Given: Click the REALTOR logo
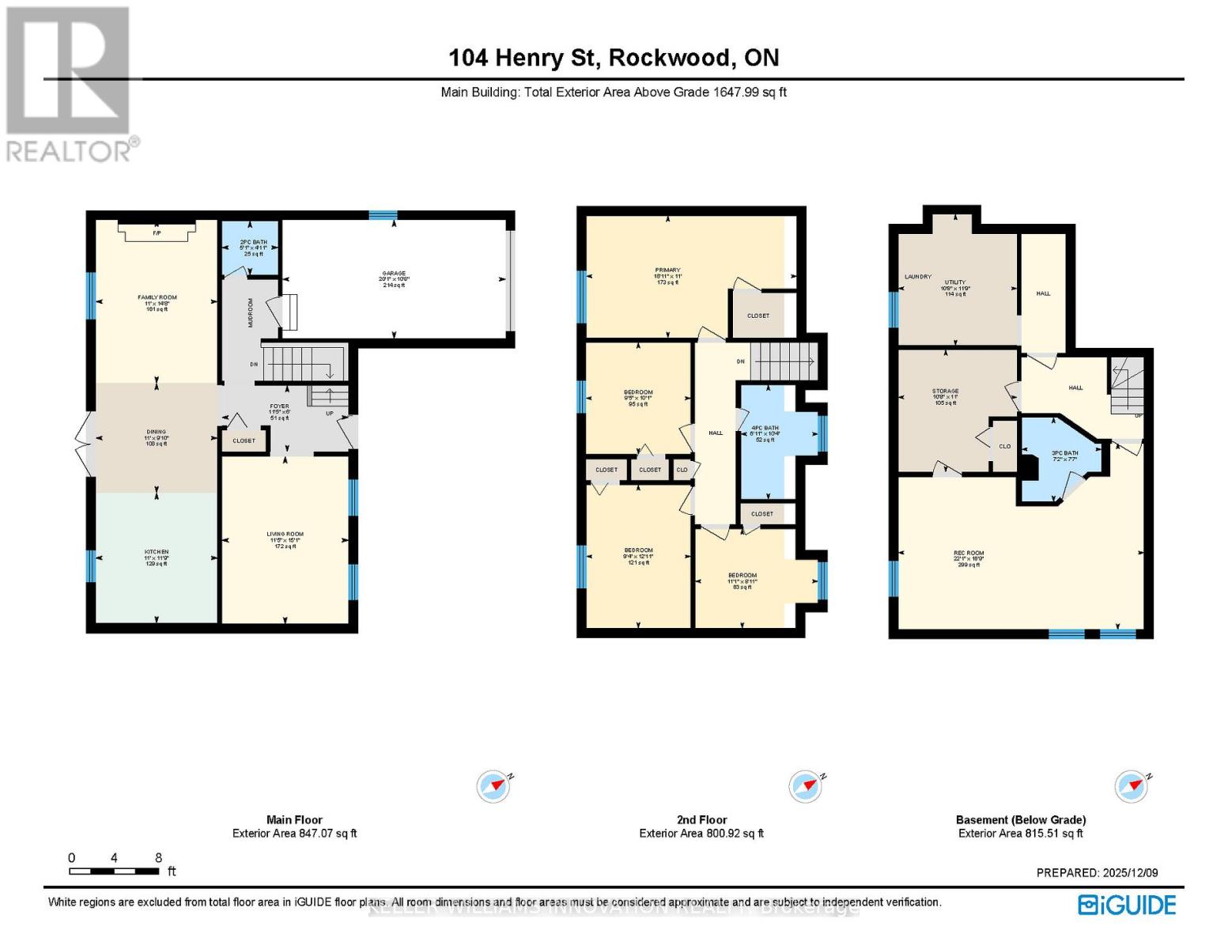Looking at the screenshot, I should pos(70,84).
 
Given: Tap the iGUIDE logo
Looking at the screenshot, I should pos(1128,905).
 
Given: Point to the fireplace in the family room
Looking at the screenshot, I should pos(157,231).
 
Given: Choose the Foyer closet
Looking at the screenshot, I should pos(244,440).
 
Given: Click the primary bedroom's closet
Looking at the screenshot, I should pos(758,316).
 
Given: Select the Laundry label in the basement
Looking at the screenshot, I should pos(918,277).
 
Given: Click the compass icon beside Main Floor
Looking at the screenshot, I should pos(493,786).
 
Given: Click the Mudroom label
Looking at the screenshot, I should pos(251,312).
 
